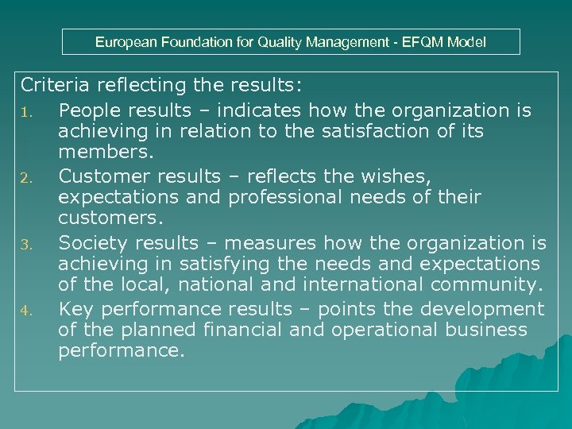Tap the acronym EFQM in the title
click(x=425, y=42)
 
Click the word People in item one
click(x=88, y=110)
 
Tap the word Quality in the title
click(x=300, y=42)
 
